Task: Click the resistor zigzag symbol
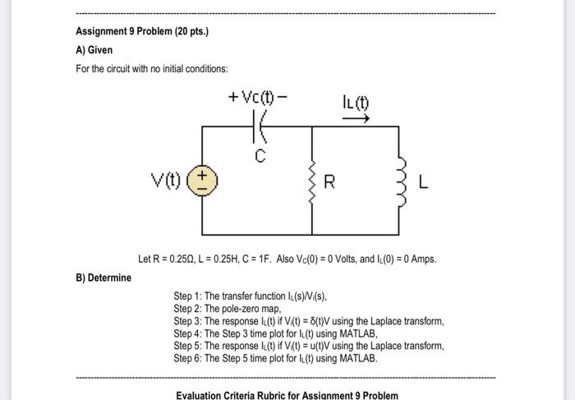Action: [x=313, y=182]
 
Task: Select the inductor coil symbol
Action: [x=400, y=182]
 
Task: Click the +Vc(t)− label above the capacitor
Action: [x=259, y=99]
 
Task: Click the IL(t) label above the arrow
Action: [x=356, y=103]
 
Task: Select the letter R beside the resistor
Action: [x=329, y=182]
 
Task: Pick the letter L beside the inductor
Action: [x=423, y=182]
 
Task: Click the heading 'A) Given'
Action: [x=94, y=50]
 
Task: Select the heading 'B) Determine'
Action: [x=103, y=278]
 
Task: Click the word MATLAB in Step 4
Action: [x=357, y=333]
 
